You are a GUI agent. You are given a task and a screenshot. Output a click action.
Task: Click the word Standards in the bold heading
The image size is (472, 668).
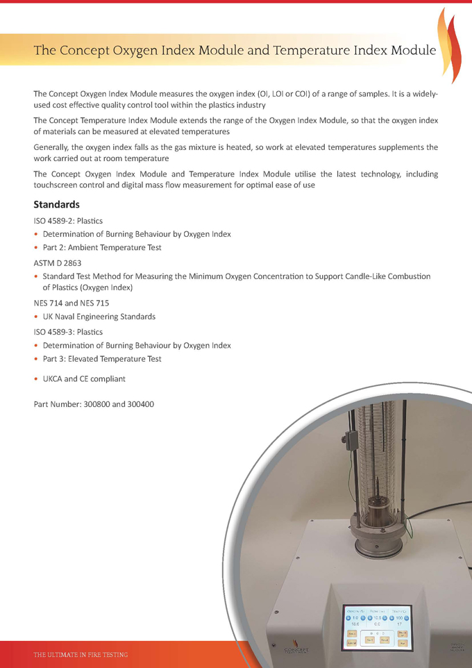57,205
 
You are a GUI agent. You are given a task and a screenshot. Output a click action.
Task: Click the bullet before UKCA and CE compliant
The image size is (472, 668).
36,379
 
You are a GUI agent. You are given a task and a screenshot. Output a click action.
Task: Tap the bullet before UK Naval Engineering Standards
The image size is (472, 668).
36,317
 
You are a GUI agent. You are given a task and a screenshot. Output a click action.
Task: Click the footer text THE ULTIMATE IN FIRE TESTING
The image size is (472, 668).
81,655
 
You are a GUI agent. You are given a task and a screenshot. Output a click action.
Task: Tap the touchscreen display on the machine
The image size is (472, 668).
377,626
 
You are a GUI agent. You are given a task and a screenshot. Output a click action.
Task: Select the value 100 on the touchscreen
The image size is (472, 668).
398,617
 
